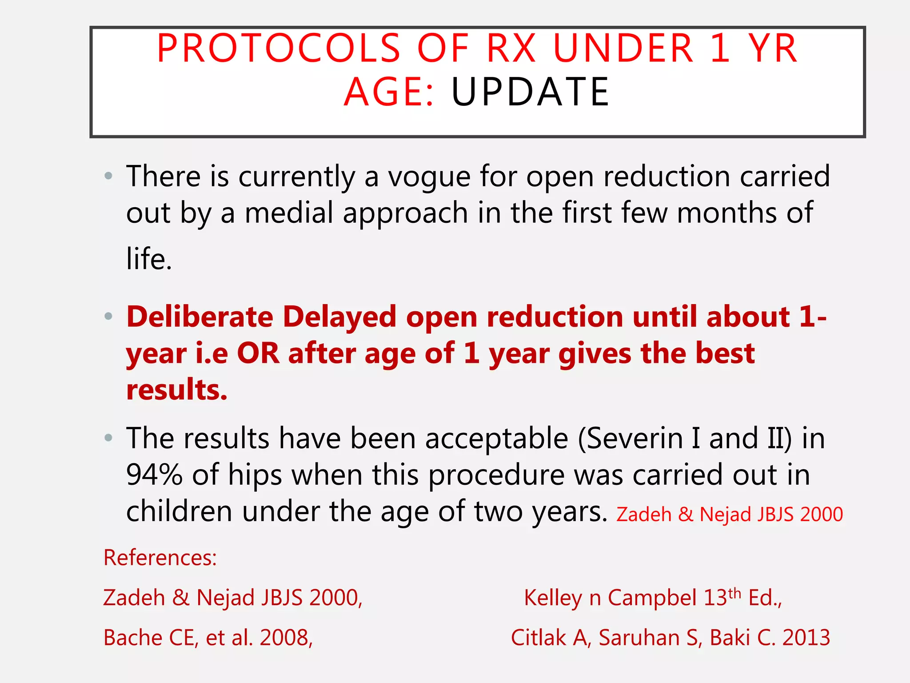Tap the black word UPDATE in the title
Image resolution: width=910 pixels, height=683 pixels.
coord(530,92)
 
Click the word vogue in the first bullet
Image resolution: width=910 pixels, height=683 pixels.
coord(429,177)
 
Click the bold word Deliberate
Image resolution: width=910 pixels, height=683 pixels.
coord(200,317)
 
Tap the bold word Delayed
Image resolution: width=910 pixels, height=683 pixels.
coord(339,317)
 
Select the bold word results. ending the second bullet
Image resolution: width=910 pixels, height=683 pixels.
coord(176,390)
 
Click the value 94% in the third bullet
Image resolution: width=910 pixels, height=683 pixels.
coord(154,475)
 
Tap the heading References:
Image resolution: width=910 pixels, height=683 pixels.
coord(160,558)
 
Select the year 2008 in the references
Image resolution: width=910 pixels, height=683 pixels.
coord(284,638)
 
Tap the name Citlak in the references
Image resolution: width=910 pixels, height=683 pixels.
coord(538,638)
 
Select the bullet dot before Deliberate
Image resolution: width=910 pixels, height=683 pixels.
coord(108,317)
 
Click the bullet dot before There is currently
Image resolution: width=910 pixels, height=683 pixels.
coord(108,176)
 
